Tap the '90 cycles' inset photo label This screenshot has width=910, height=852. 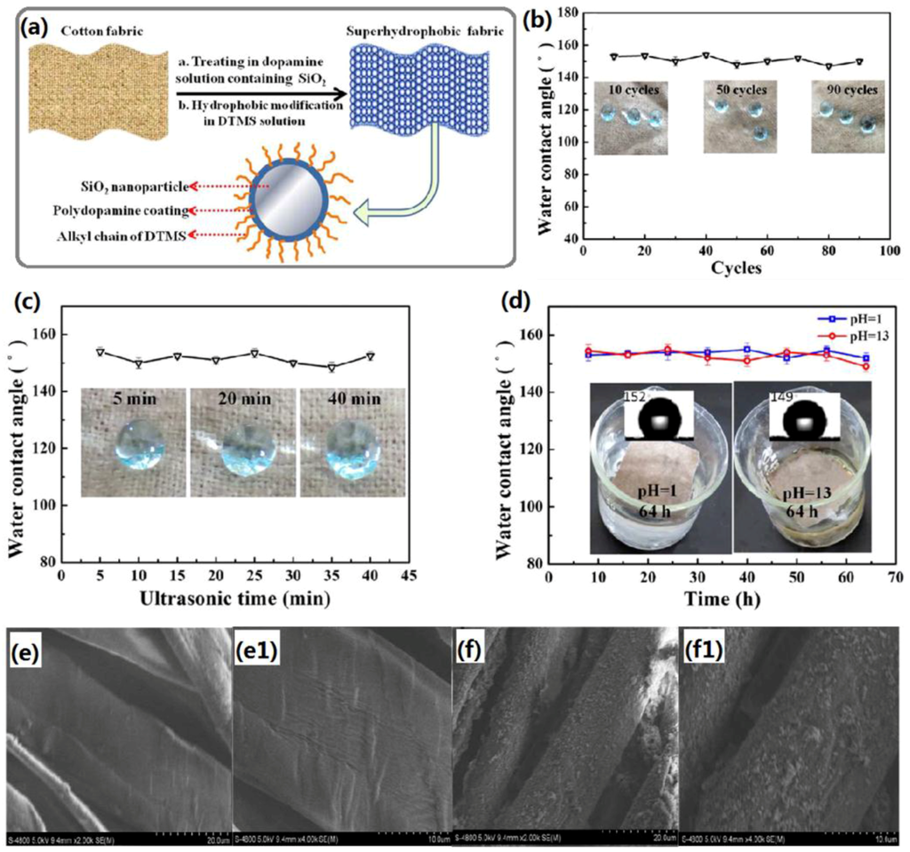(x=848, y=91)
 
